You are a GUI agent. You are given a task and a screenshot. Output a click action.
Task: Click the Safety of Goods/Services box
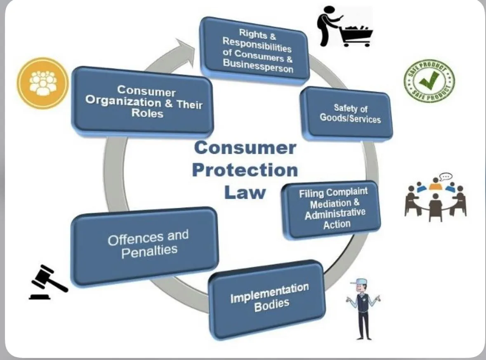[x=347, y=113]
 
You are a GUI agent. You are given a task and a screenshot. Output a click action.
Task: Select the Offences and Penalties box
[x=144, y=246]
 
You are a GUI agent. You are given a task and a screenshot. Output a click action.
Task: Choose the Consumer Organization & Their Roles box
[x=142, y=102]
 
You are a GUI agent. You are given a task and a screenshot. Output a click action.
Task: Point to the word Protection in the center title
[x=245, y=170]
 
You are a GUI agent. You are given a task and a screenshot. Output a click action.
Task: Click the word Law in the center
[x=245, y=193]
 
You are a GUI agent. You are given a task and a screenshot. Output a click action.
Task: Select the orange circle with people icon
[x=43, y=83]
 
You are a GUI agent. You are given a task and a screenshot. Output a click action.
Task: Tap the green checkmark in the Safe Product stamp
[x=429, y=80]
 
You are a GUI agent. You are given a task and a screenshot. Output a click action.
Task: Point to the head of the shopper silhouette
[x=330, y=11]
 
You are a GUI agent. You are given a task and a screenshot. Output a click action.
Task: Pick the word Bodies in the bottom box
[x=272, y=305]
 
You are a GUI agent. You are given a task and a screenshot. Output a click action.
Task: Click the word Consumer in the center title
[x=245, y=148]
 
